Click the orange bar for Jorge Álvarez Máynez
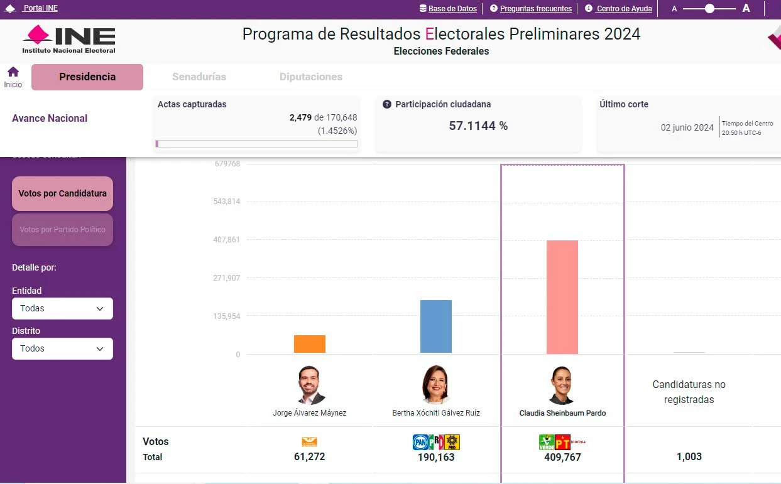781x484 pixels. click(310, 344)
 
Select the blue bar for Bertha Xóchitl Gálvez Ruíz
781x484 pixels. click(436, 326)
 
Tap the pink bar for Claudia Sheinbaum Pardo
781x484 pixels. click(562, 297)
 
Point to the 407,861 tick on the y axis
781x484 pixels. click(227, 240)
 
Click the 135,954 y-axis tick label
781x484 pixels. click(227, 316)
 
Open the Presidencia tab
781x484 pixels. click(87, 77)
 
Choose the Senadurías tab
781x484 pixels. click(199, 77)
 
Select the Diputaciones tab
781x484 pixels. click(311, 77)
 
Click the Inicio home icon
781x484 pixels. click(13, 72)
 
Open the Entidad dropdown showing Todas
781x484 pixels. click(62, 308)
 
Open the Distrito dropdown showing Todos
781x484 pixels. click(62, 348)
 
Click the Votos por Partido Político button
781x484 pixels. click(62, 230)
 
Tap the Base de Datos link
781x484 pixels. click(452, 9)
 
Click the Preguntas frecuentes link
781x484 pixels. click(535, 9)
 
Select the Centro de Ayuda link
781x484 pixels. click(624, 9)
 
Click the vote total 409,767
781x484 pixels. click(562, 457)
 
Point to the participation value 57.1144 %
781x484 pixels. click(478, 126)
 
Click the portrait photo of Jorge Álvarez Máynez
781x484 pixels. click(311, 384)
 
